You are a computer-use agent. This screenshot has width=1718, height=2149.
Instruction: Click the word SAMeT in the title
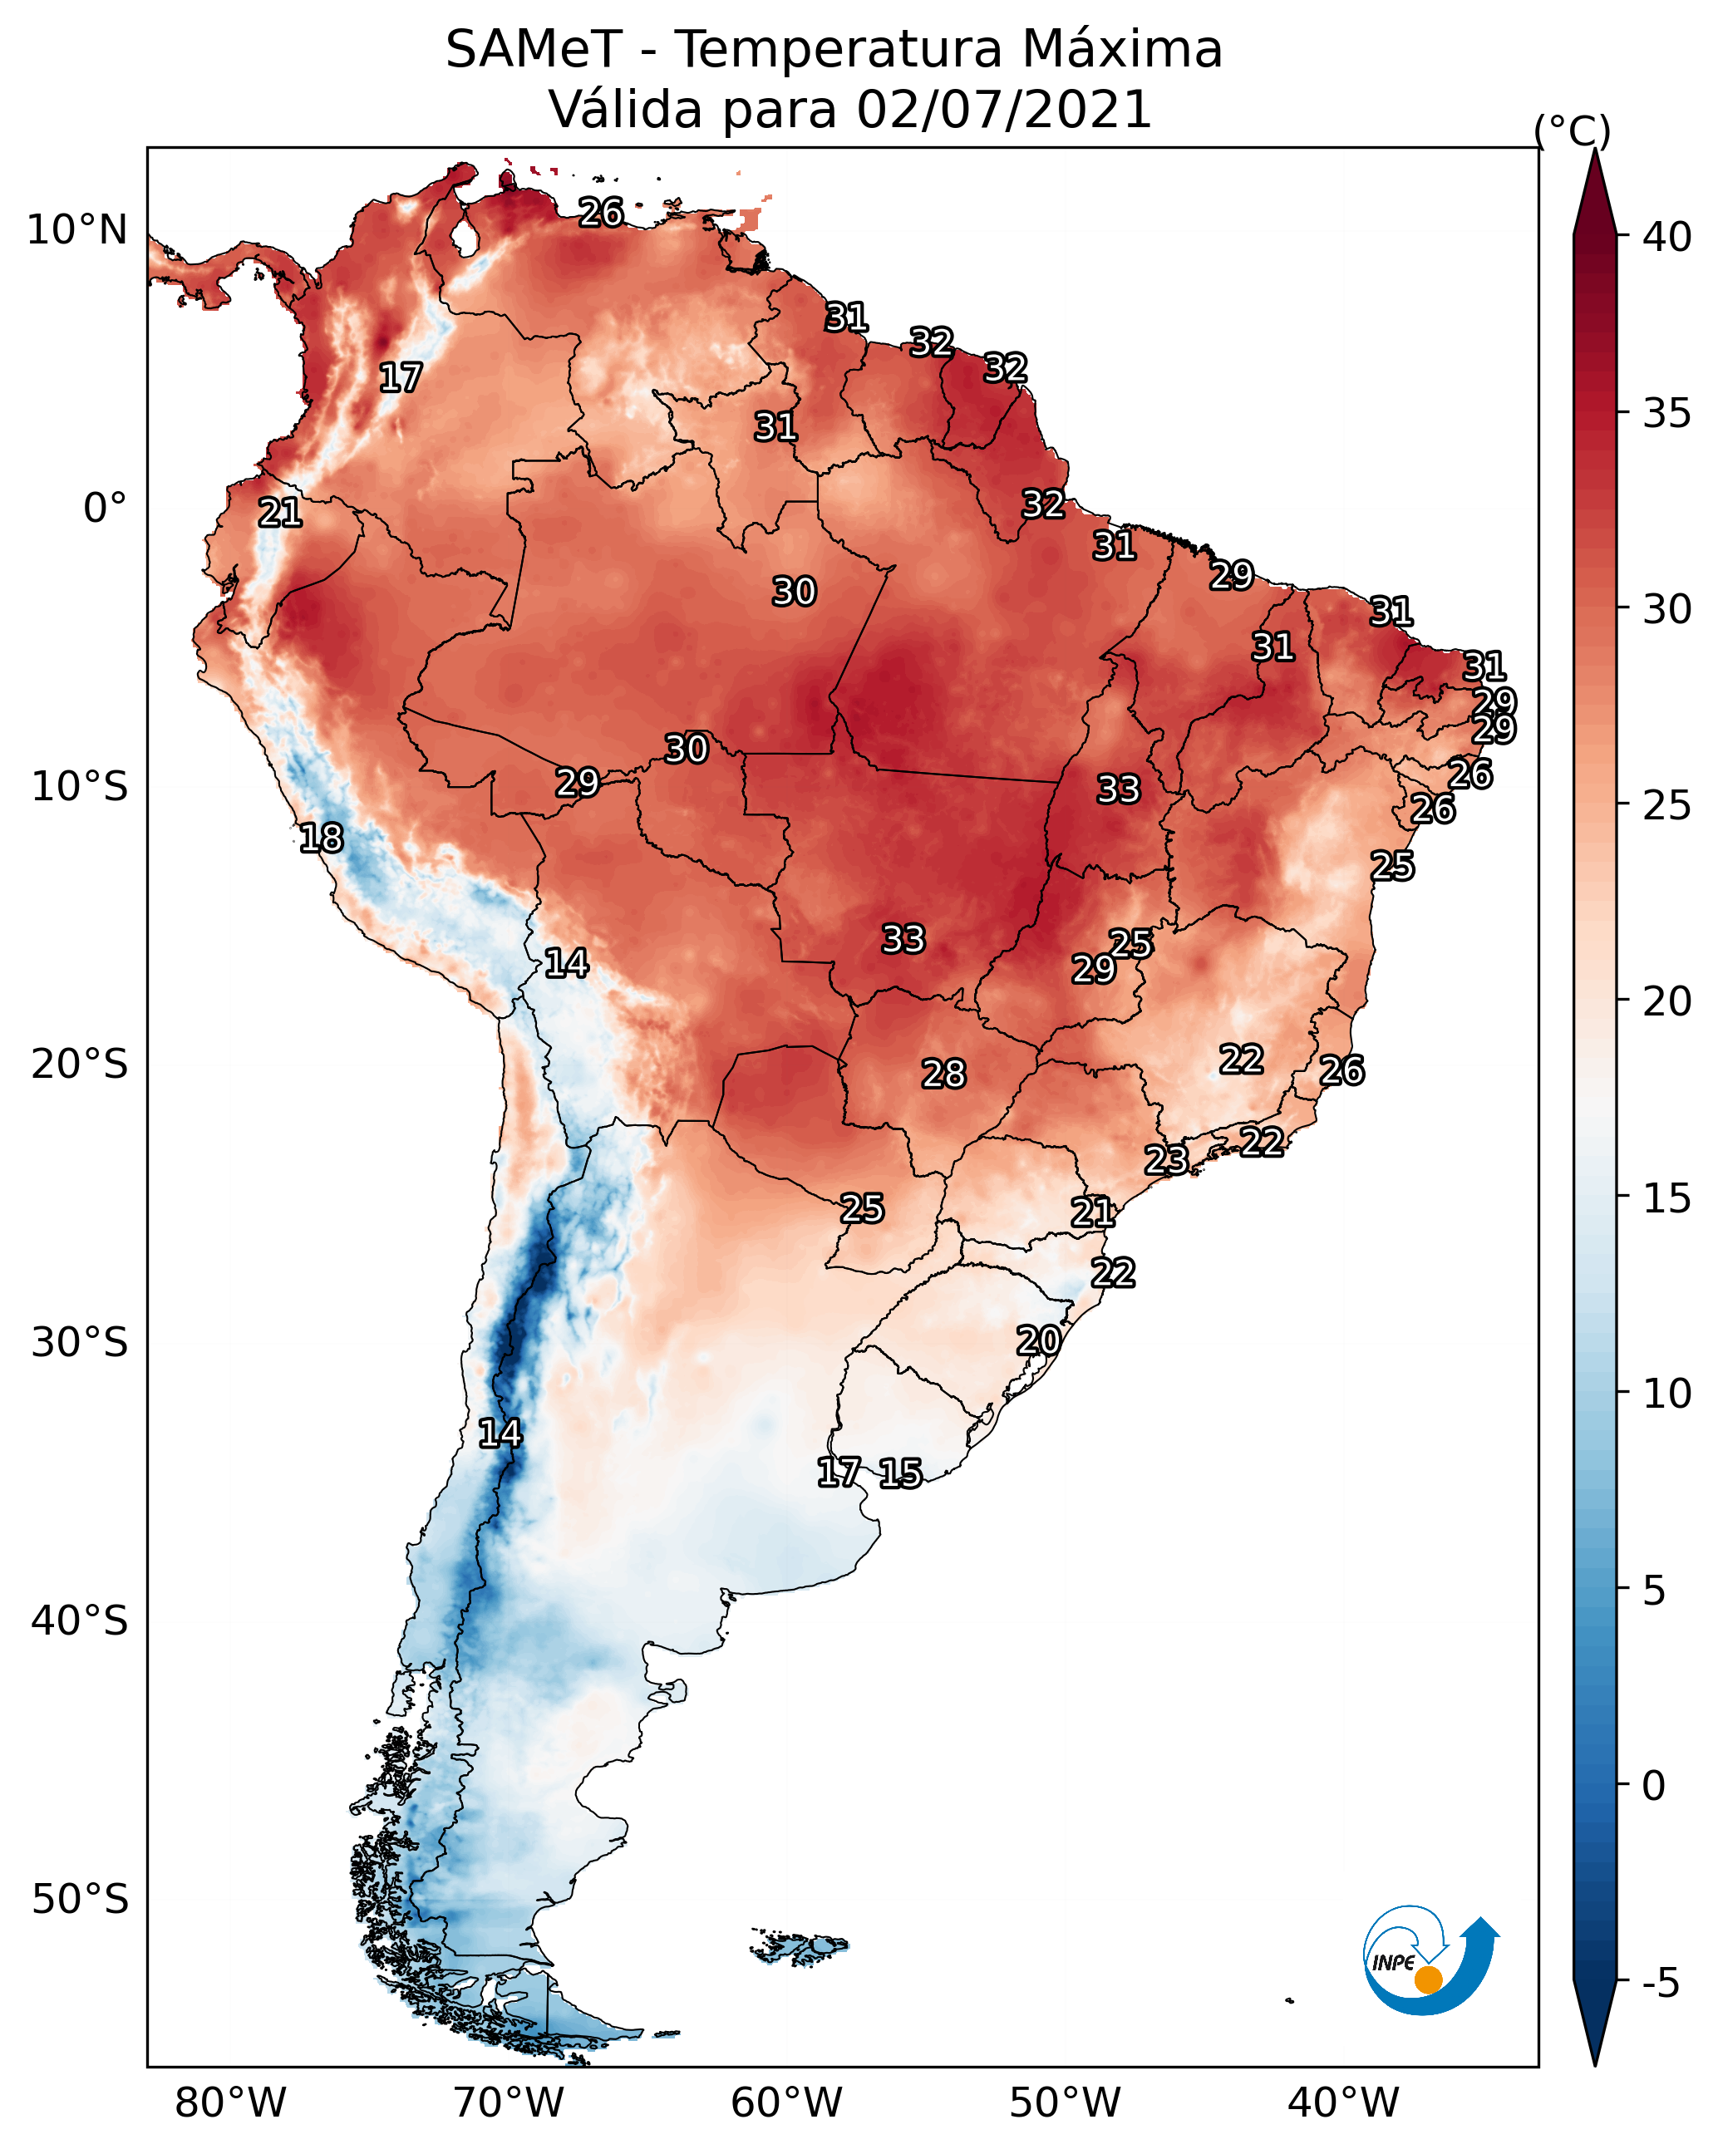(534, 50)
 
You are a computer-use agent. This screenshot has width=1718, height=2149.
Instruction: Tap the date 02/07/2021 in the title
(1004, 110)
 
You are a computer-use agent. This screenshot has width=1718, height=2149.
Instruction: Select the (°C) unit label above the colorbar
(1572, 130)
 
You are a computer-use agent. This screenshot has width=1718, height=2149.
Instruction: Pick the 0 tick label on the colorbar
(1653, 1786)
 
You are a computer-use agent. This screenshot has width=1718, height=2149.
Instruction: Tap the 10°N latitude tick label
(76, 230)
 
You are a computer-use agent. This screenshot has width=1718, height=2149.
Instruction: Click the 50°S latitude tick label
(80, 1900)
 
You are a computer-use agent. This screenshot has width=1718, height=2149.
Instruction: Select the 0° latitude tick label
(105, 509)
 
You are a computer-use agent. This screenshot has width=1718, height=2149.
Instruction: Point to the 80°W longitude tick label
(230, 2103)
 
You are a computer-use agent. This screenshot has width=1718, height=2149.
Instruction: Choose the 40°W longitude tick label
(1343, 2103)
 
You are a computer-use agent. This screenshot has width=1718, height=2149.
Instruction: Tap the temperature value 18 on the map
(321, 838)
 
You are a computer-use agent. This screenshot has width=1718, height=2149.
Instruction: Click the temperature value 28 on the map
(943, 1074)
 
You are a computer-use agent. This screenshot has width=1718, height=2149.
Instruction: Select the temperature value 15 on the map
(900, 1473)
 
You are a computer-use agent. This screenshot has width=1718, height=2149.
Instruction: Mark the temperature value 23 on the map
(1165, 1160)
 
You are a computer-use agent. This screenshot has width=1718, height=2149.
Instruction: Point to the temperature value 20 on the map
(1038, 1341)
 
